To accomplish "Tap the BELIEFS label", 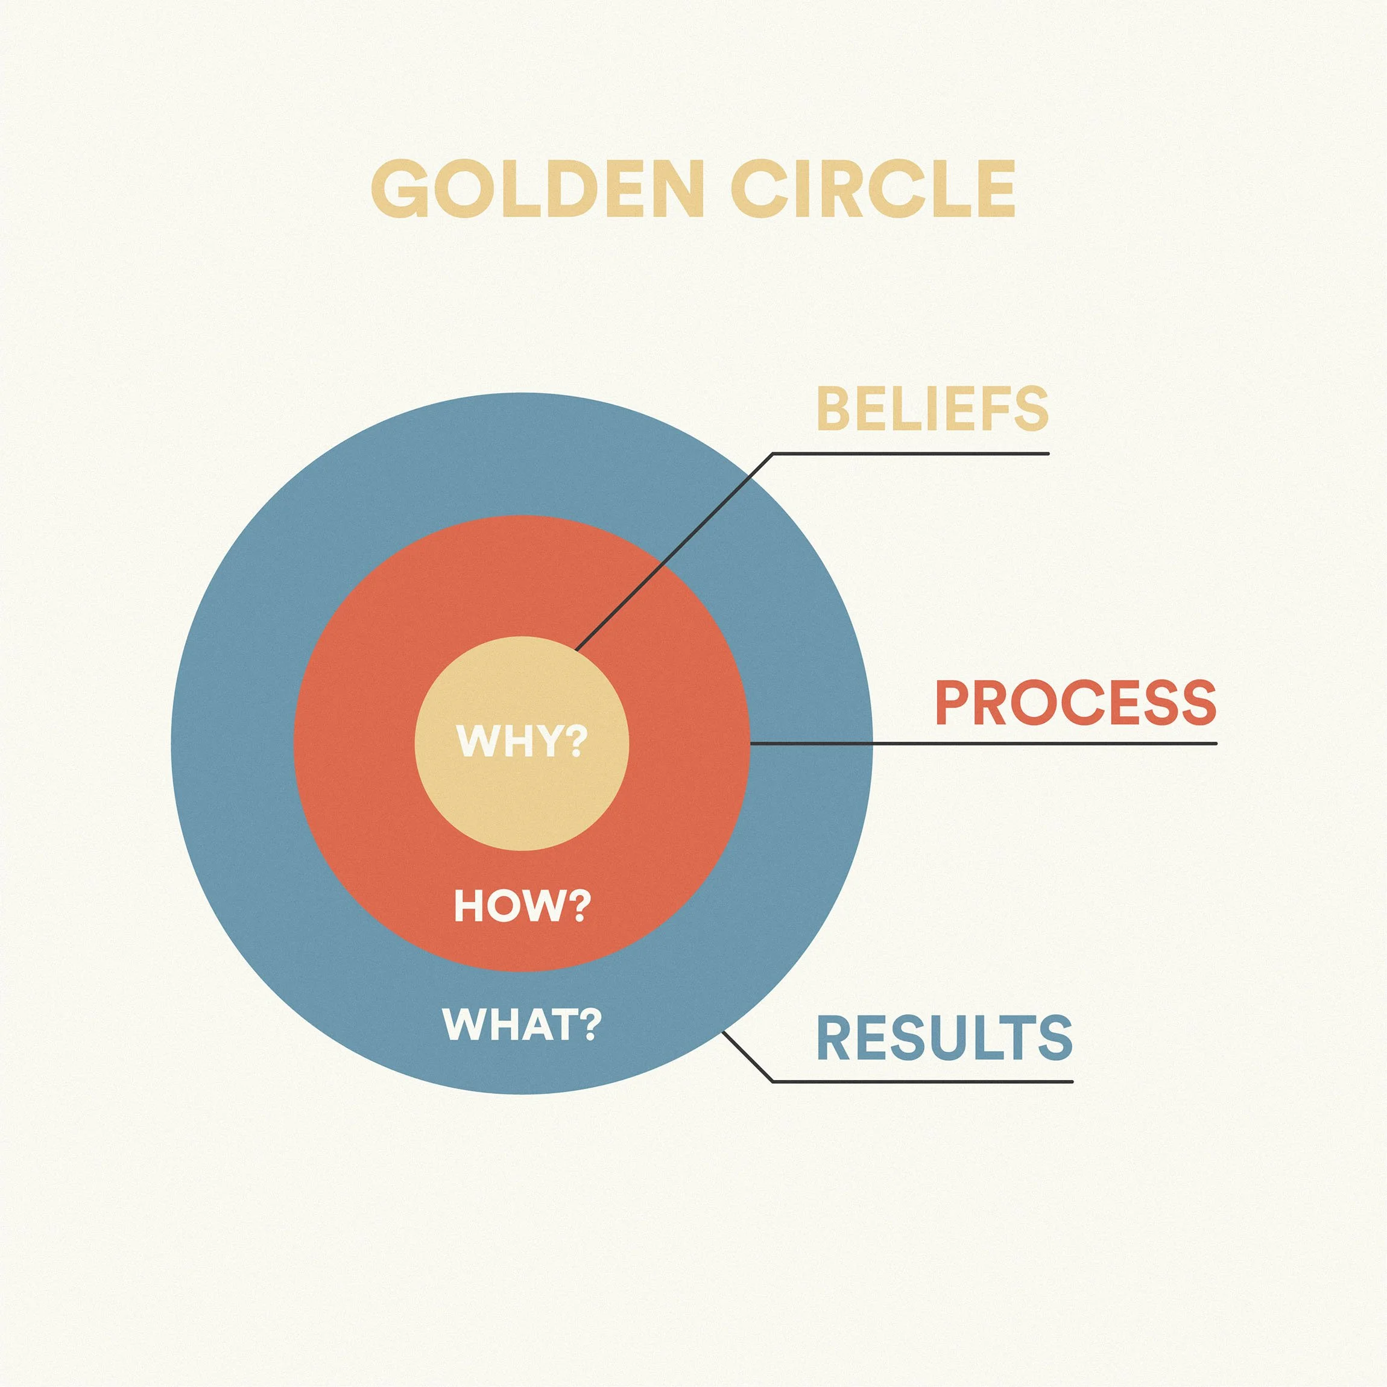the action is tap(932, 408).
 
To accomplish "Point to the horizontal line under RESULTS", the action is tap(923, 1081).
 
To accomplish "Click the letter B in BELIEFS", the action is tap(832, 408).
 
